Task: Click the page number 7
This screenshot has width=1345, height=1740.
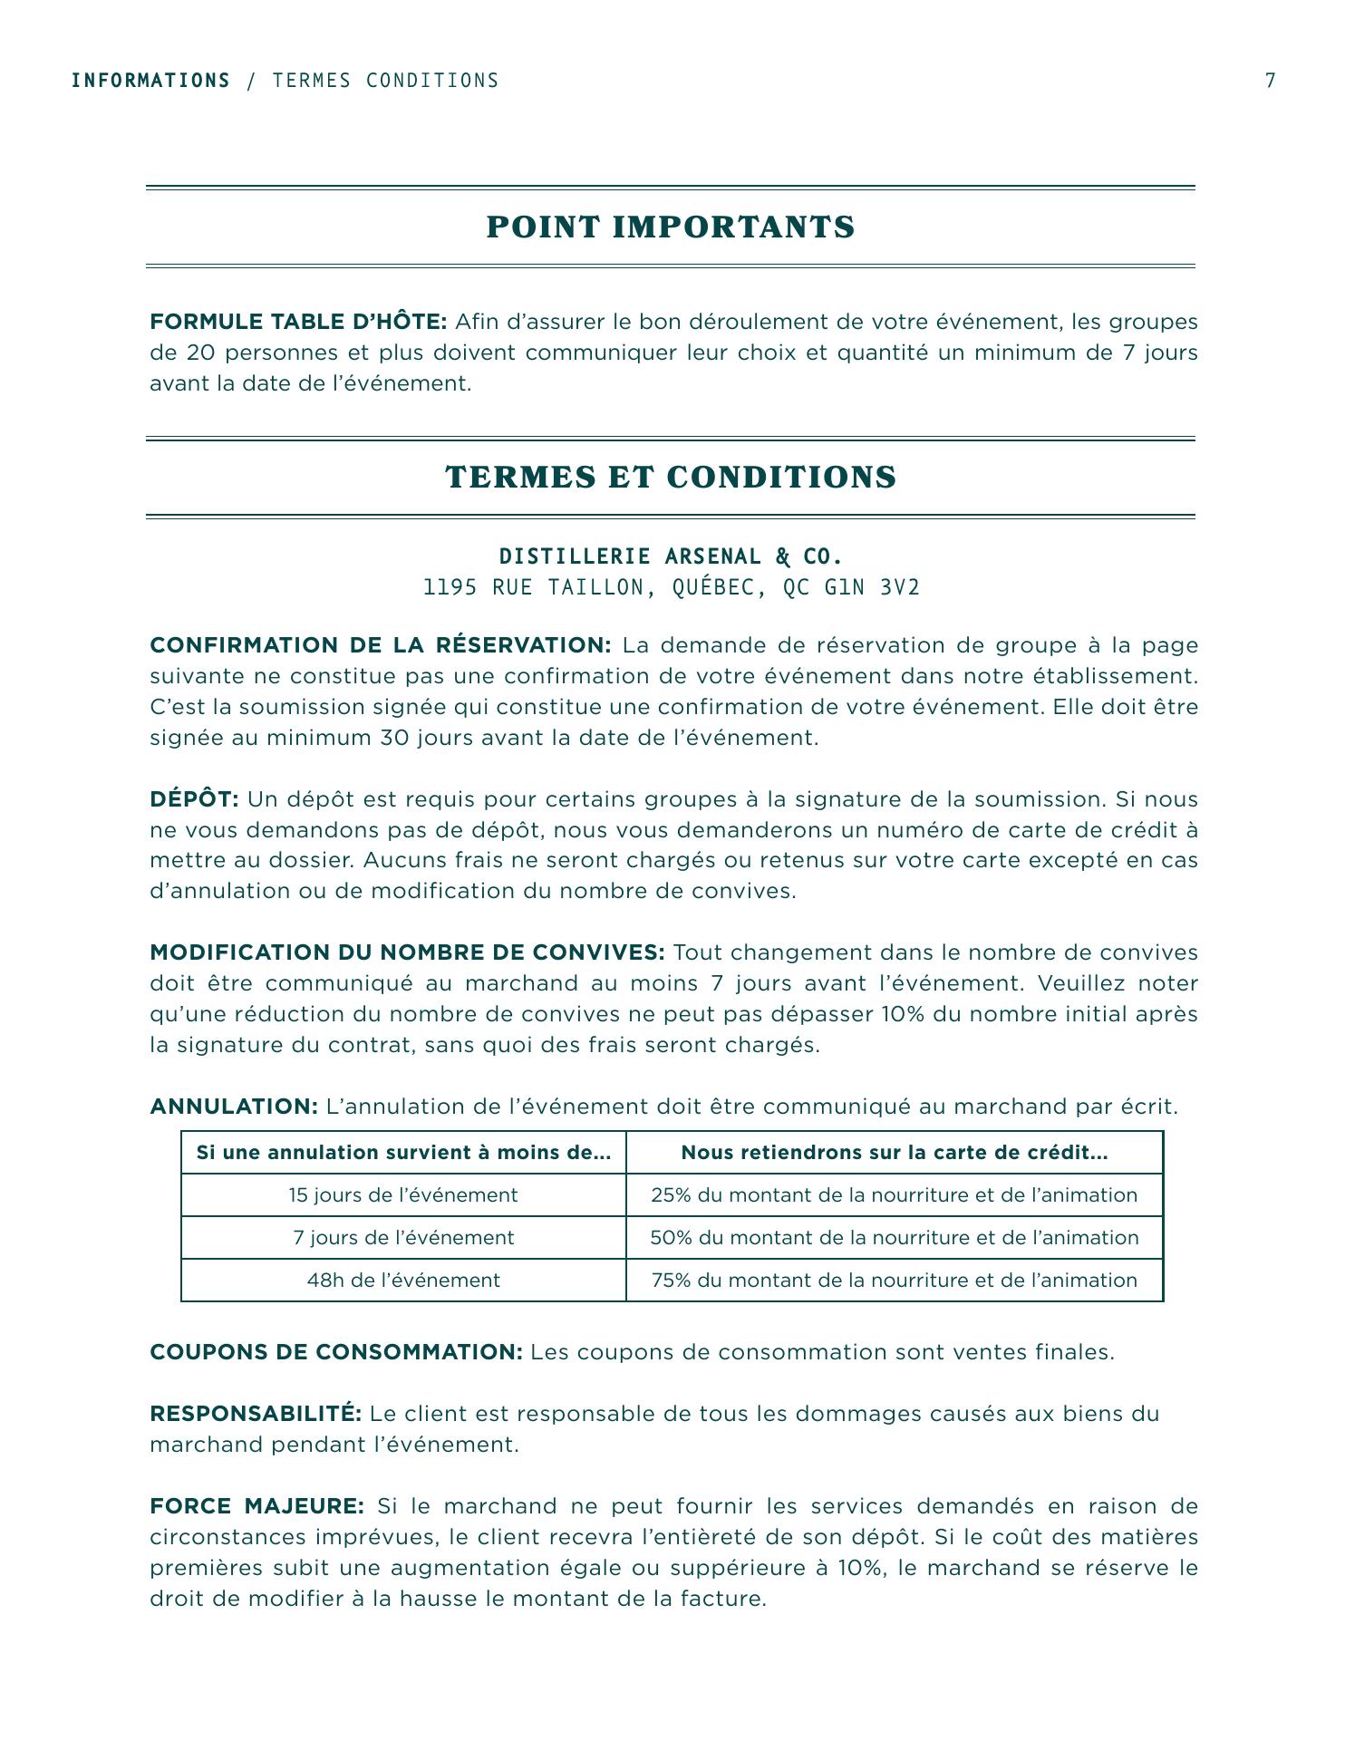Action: (x=1270, y=81)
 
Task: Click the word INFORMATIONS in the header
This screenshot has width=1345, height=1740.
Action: (x=150, y=81)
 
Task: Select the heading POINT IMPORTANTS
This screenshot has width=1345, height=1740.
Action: (x=671, y=227)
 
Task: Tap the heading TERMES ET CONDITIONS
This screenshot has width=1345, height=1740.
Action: (x=671, y=478)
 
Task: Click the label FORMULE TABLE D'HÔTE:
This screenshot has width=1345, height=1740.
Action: (x=298, y=322)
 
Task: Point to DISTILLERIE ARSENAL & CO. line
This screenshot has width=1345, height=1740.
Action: (x=671, y=556)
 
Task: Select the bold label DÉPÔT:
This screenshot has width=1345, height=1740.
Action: (x=194, y=799)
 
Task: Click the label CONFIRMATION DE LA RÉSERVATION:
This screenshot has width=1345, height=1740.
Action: (x=381, y=645)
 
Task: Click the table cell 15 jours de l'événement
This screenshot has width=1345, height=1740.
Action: (x=403, y=1195)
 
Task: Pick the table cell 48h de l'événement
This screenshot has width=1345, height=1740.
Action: (x=403, y=1281)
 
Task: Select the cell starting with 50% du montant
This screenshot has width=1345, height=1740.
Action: (x=894, y=1238)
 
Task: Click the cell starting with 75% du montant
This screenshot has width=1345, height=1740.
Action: (x=894, y=1281)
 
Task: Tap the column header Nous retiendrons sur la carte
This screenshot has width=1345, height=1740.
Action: (x=894, y=1153)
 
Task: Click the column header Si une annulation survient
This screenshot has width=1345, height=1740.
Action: (x=403, y=1153)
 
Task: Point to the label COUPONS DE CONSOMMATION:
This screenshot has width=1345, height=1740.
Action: (x=336, y=1352)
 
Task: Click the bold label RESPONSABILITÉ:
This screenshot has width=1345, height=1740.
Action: (x=256, y=1414)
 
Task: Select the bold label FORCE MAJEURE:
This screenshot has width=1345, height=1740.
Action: (x=256, y=1506)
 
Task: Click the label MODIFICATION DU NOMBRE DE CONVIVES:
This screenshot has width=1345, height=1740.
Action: (x=407, y=952)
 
